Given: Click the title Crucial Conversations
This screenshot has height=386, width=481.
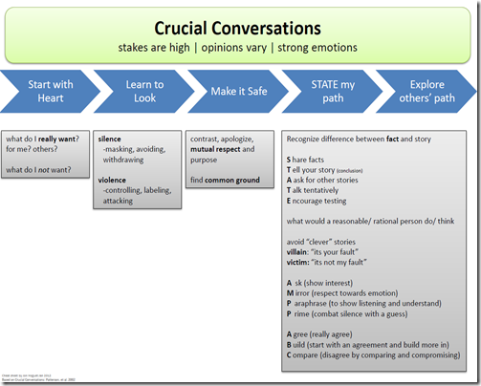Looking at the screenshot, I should click(x=240, y=28).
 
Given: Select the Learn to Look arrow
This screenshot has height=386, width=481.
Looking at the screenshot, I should click(x=143, y=91).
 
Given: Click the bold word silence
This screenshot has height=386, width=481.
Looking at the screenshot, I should click(x=110, y=139).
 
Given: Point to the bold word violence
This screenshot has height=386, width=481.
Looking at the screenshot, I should click(x=112, y=179).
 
